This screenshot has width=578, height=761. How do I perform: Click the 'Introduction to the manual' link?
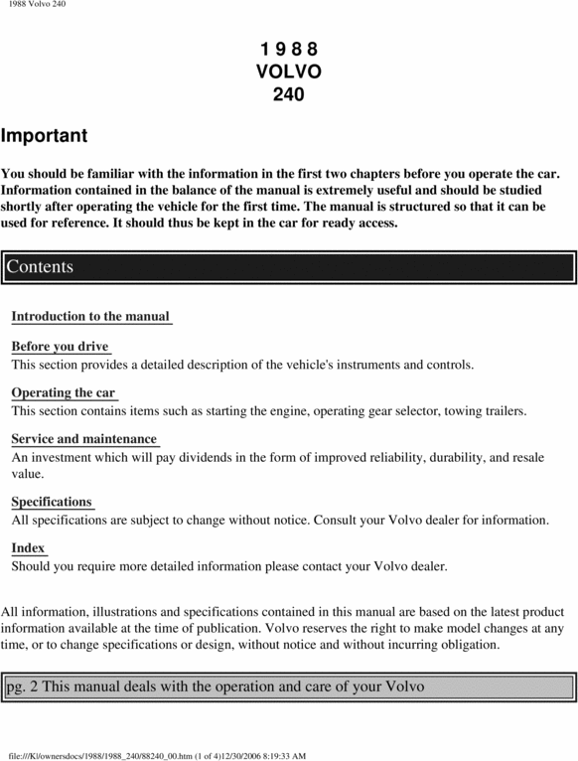click(90, 316)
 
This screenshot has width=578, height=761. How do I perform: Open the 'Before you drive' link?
click(60, 346)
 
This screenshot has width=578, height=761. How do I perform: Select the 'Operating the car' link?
click(64, 392)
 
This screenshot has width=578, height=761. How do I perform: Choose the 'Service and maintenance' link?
click(84, 438)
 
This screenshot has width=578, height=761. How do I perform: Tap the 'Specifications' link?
click(52, 502)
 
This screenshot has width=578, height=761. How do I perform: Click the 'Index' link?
click(28, 547)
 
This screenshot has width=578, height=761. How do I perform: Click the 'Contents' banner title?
click(40, 266)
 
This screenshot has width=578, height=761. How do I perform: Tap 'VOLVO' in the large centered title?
click(288, 73)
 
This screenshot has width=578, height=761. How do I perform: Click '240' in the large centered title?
click(288, 95)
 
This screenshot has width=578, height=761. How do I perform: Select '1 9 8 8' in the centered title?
click(288, 50)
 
